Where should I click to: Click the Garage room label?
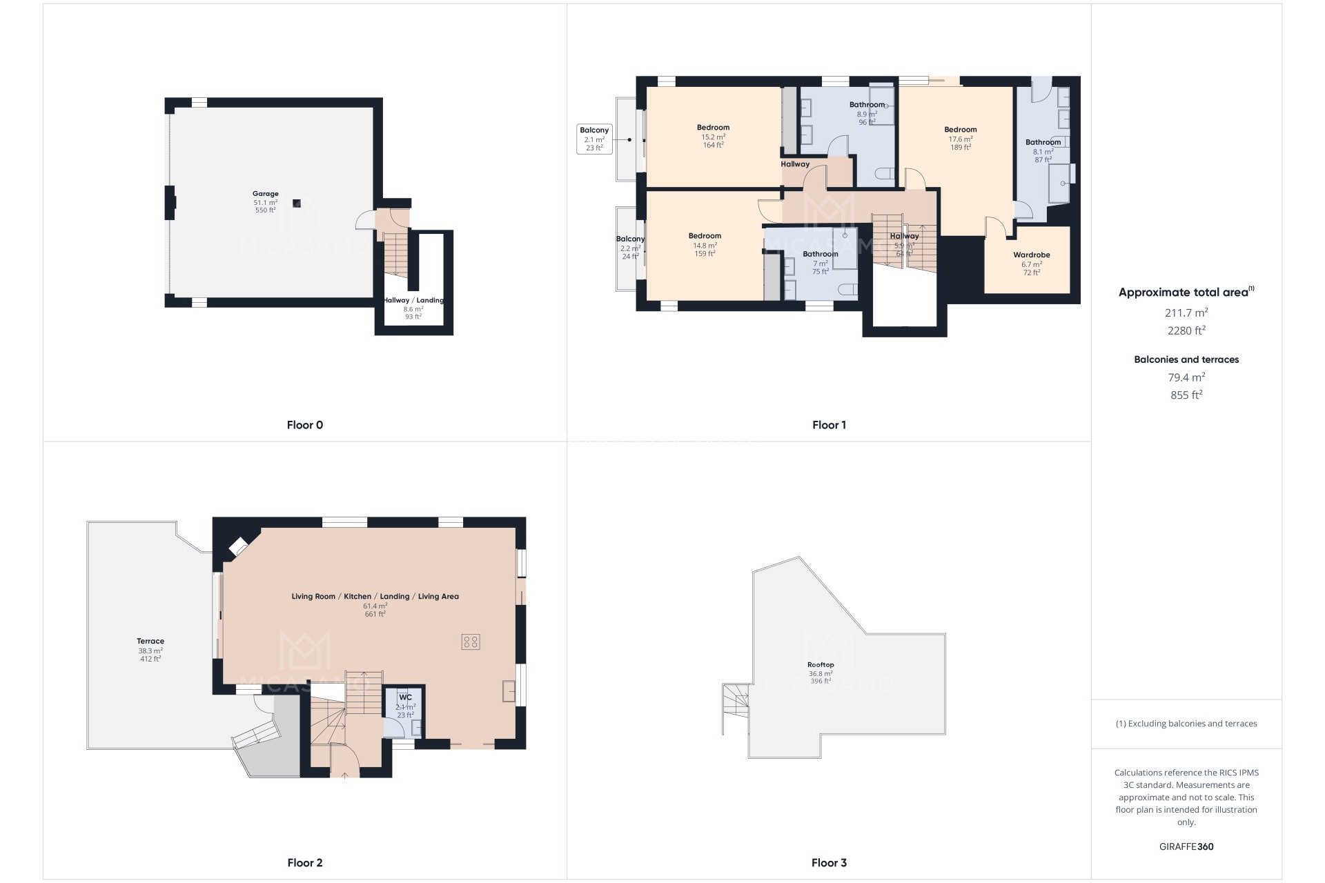(265, 195)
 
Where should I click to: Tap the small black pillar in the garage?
(297, 203)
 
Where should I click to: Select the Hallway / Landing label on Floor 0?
(413, 301)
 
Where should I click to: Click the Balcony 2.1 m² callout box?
(594, 139)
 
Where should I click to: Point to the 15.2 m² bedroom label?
(713, 128)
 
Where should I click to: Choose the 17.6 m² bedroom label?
(960, 130)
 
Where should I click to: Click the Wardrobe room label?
(1031, 255)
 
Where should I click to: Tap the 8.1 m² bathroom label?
(1043, 143)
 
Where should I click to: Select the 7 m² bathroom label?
(820, 255)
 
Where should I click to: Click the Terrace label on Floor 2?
(150, 642)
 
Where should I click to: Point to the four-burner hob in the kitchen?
(471, 642)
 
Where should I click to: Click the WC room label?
(405, 698)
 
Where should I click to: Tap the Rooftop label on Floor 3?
(821, 665)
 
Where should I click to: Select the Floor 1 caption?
(829, 425)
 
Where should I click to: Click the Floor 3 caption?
(829, 862)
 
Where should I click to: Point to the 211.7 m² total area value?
(1186, 313)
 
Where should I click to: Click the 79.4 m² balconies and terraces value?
(1186, 377)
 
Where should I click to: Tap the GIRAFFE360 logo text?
(1186, 846)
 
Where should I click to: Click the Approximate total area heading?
(1184, 292)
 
